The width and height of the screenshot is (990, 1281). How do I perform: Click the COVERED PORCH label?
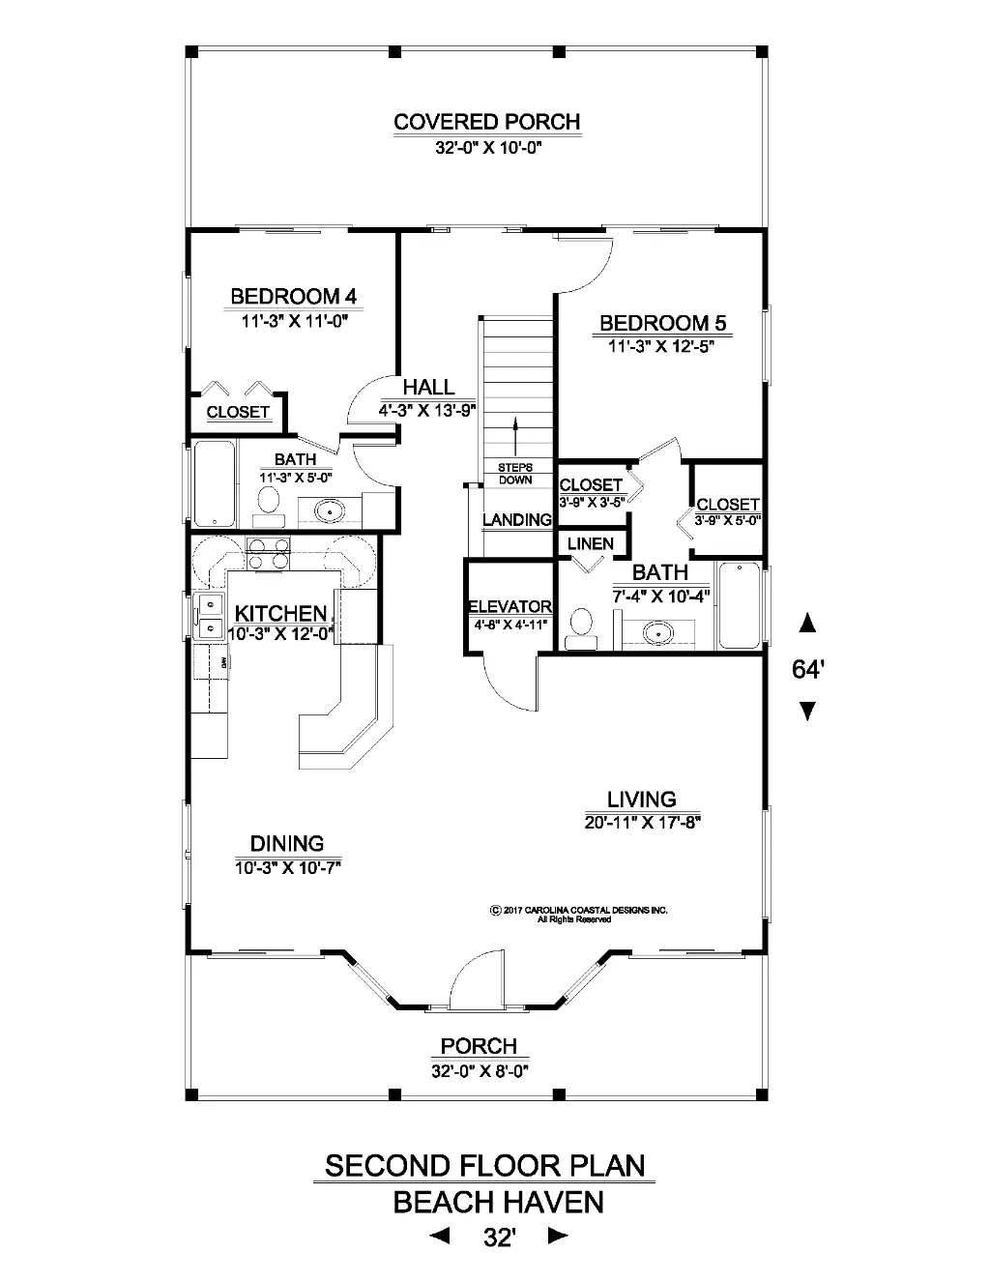point(486,122)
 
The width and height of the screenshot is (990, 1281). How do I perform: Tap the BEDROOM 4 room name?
point(294,296)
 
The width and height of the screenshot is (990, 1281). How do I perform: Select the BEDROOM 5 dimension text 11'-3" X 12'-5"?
point(661,346)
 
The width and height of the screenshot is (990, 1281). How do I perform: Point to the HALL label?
point(428,388)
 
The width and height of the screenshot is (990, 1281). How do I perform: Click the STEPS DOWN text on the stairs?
point(515,474)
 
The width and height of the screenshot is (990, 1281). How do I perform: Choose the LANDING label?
point(517,519)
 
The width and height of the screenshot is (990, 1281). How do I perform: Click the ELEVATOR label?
point(510,606)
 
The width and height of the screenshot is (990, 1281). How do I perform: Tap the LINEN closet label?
point(591,543)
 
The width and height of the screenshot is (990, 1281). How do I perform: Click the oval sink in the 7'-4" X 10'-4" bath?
point(658,633)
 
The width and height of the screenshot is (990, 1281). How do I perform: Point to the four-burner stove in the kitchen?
point(268,555)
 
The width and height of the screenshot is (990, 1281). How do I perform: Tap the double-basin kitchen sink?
point(209,616)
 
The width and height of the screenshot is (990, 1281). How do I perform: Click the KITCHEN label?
point(280,614)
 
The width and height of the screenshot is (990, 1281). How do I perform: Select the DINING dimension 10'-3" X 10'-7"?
point(288,868)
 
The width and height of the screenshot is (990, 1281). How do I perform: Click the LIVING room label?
point(642,800)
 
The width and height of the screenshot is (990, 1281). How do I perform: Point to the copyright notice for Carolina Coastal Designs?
point(579,915)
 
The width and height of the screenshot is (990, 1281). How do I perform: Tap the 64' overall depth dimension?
point(808,669)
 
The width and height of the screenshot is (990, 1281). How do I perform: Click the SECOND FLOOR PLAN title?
point(485,1165)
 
